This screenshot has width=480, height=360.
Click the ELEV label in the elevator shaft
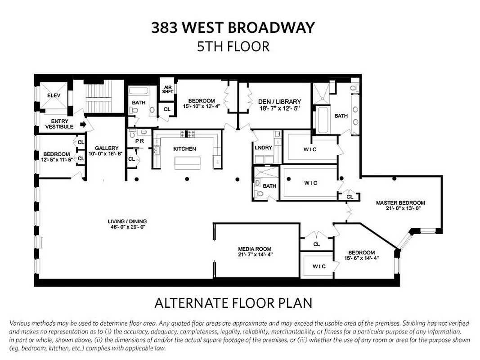pos(54,95)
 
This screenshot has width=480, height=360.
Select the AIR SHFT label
pos(167,90)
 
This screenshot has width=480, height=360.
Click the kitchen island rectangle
pos(187,162)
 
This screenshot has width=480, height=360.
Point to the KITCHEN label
pos(184,149)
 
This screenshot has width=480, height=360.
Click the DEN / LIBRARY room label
pos(279,102)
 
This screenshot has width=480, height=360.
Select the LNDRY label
pos(264,148)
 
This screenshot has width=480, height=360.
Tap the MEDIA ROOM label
pos(255,249)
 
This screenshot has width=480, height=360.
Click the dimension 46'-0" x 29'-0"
pos(127,227)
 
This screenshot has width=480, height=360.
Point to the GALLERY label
pos(107,148)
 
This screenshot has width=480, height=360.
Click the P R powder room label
pos(139,141)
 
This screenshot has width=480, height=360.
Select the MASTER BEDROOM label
pos(400,202)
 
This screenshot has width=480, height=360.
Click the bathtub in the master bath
pos(323,120)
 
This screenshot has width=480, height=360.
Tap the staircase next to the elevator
pos(98,96)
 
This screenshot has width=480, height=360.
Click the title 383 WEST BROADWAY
pos(233,28)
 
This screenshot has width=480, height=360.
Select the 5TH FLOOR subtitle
pos(233,46)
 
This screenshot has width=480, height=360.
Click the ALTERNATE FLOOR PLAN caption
pos(233,303)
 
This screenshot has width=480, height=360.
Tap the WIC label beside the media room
pos(319,266)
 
